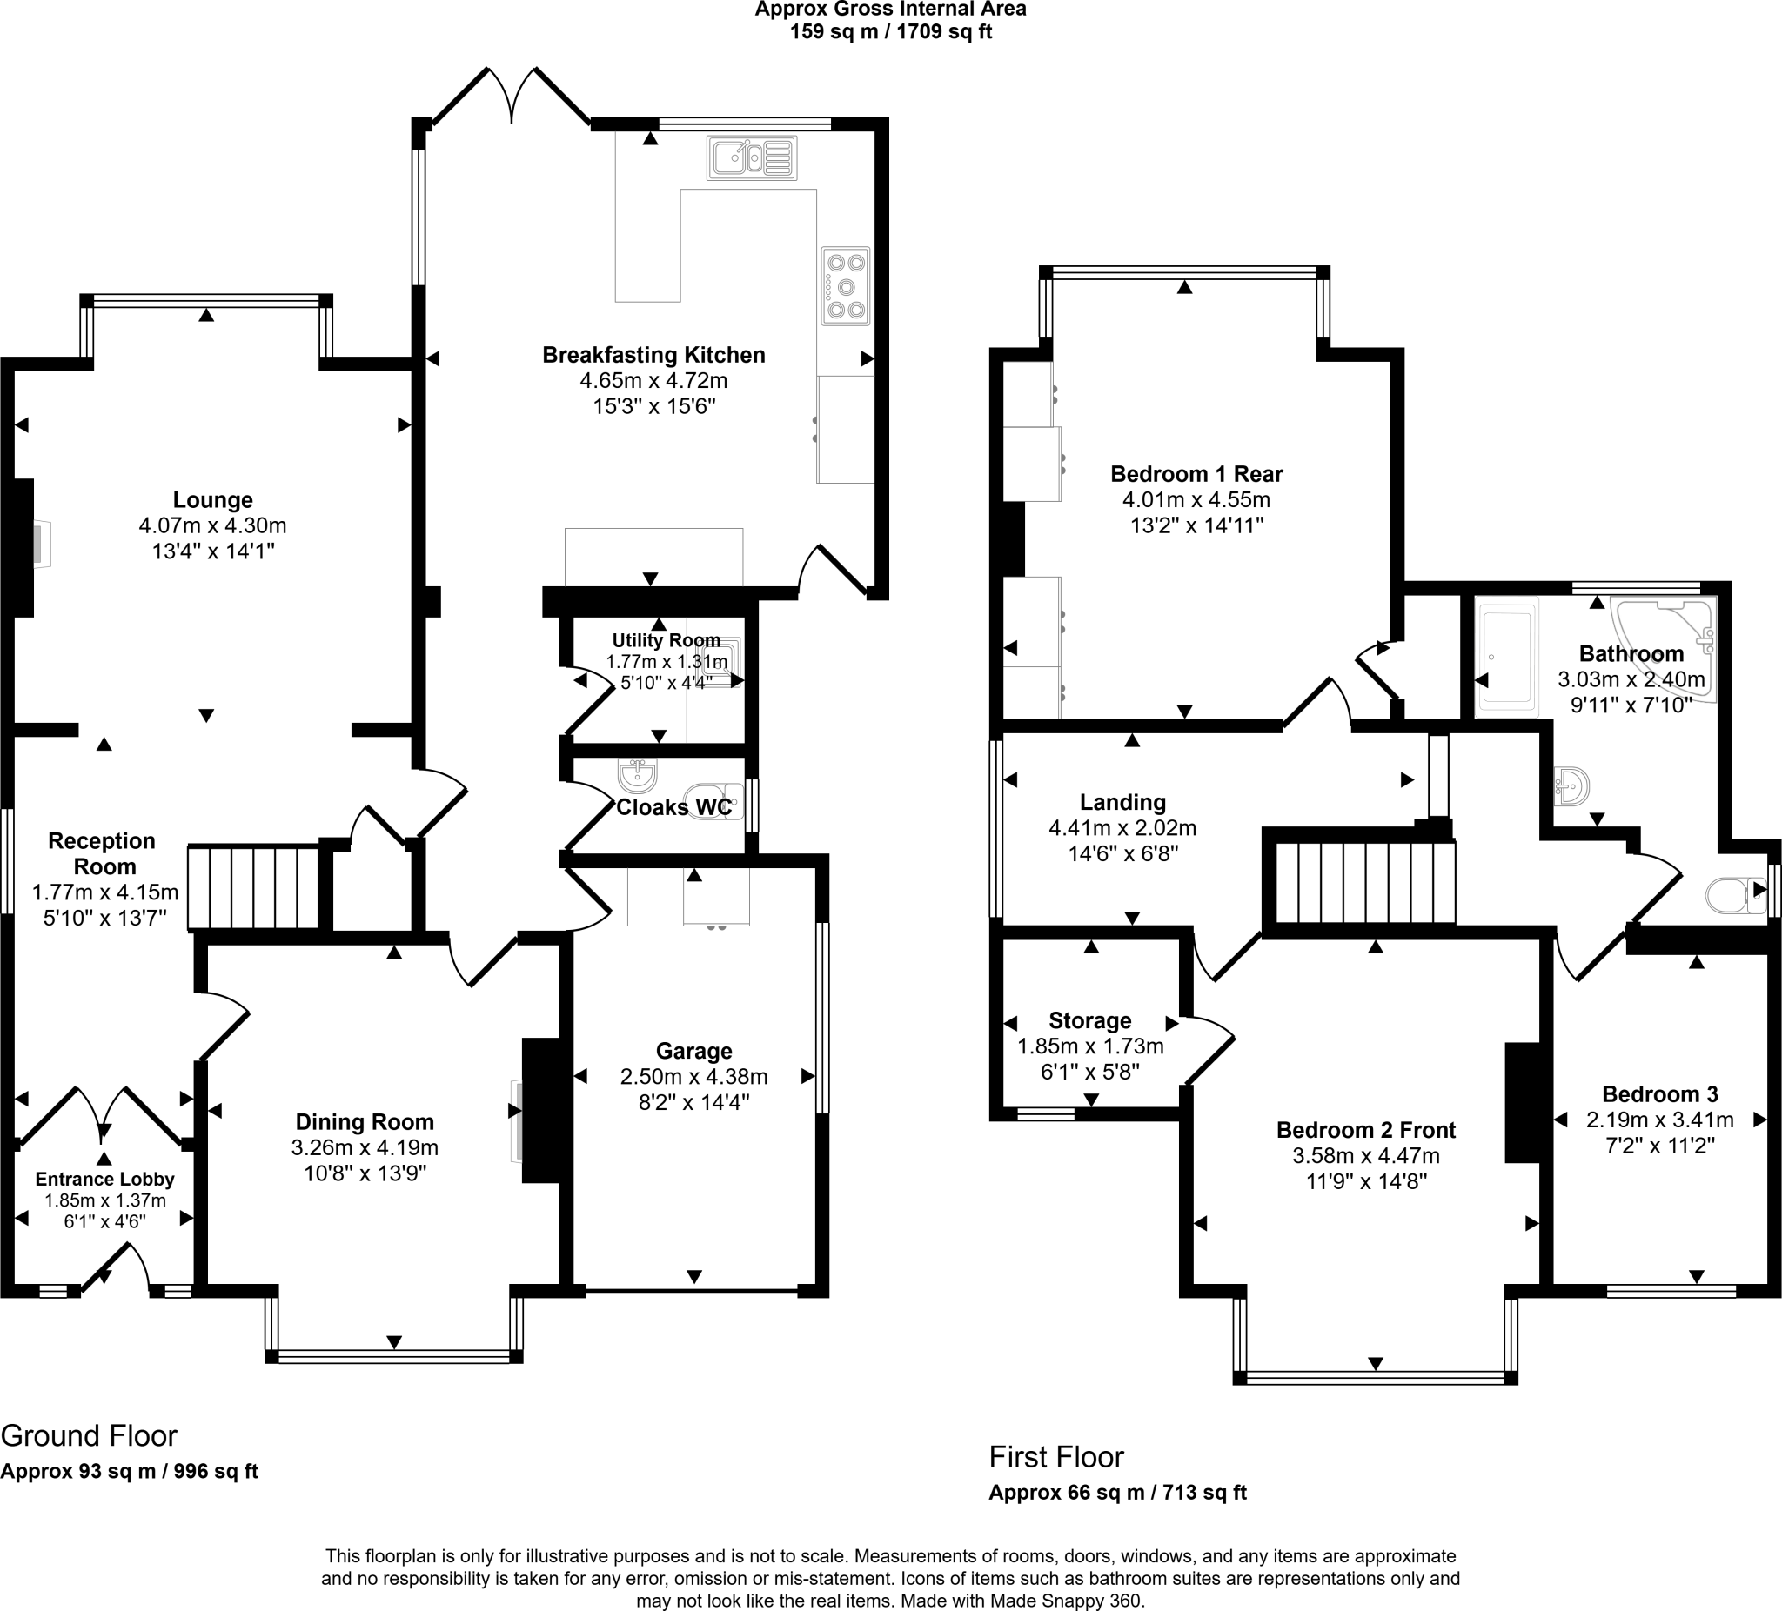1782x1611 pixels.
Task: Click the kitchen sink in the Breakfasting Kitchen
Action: tap(751, 158)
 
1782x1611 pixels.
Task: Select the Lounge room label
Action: tap(212, 500)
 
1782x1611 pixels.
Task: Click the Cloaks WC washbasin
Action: tap(637, 776)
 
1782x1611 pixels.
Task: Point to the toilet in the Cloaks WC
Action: tap(715, 801)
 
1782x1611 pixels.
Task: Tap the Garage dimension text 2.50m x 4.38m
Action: tap(693, 1077)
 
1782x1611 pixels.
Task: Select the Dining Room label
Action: tap(365, 1122)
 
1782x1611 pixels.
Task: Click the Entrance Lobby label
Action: tap(104, 1179)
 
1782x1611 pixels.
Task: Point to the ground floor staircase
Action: tap(254, 888)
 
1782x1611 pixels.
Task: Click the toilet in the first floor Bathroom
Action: tap(1733, 895)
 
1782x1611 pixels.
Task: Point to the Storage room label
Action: tap(1090, 1020)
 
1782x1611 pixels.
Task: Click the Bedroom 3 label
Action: tap(1659, 1094)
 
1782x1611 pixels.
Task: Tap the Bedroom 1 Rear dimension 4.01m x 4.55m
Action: tap(1196, 500)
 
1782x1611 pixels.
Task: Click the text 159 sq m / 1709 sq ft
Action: tap(890, 32)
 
